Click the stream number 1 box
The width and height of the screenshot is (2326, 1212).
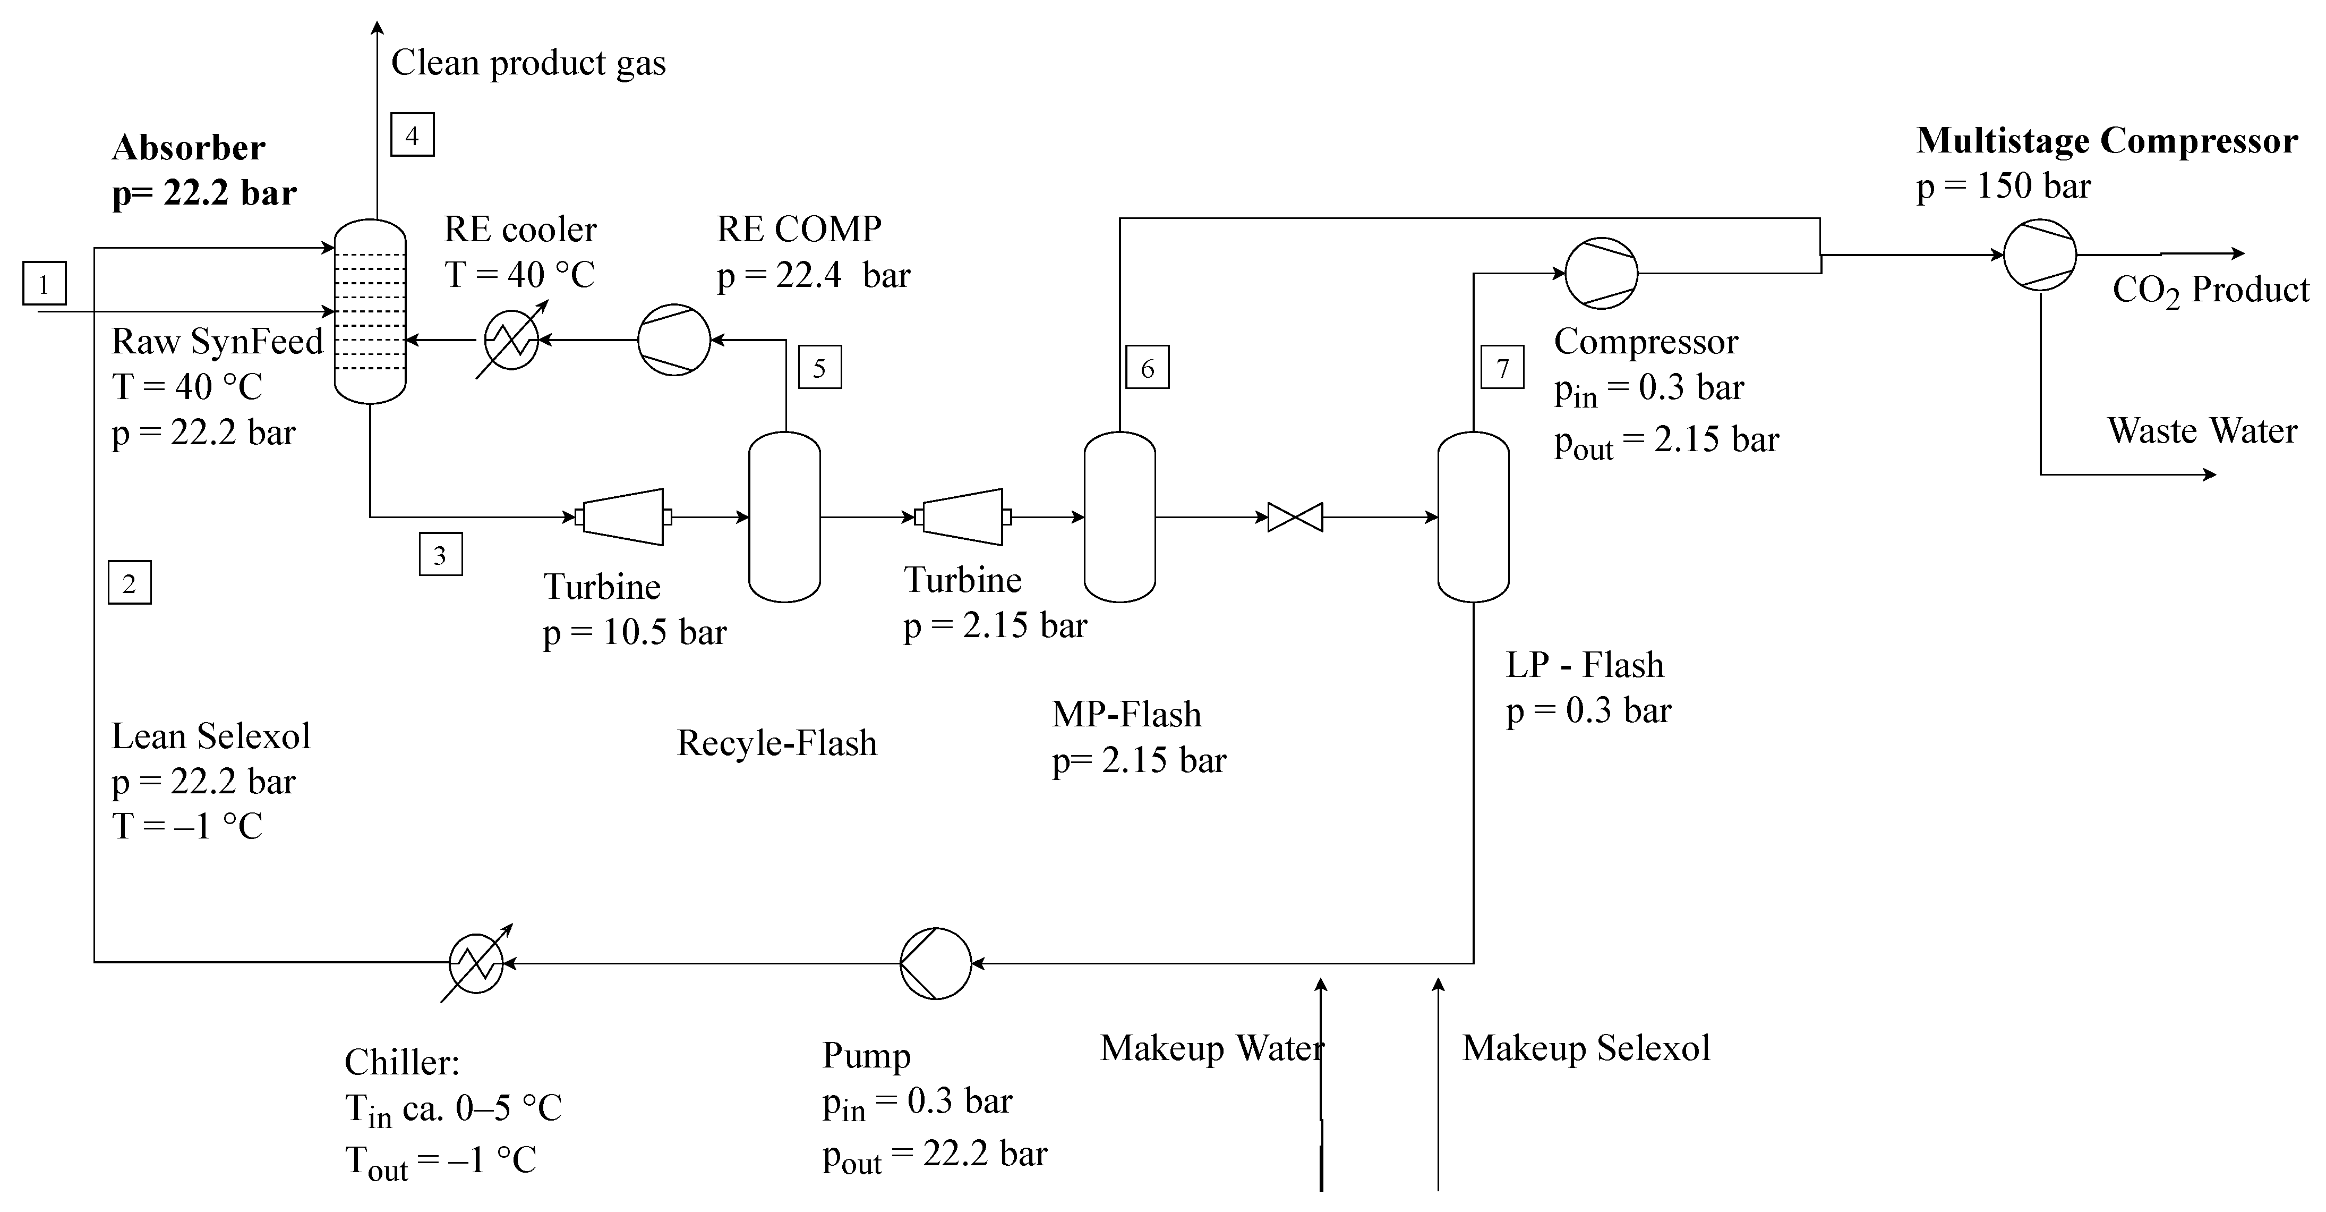[x=44, y=284]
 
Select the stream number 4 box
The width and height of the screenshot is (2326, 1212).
[x=412, y=135]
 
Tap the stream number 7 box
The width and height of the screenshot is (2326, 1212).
[x=1502, y=368]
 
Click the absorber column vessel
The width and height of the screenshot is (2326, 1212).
[x=370, y=311]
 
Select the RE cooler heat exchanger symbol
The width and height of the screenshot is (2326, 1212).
[x=511, y=341]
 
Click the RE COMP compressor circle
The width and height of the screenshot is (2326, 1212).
[x=673, y=341]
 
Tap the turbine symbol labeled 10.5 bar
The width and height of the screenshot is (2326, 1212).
[x=623, y=518]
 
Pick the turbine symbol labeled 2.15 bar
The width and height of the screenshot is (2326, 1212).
[x=963, y=518]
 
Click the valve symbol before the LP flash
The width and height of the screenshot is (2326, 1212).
[x=1295, y=518]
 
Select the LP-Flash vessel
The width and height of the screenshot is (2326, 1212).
[x=1473, y=516]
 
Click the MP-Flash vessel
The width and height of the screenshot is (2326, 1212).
[x=1119, y=516]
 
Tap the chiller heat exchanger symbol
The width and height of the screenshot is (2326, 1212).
[x=476, y=963]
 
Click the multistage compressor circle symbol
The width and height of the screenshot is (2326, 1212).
[x=2040, y=255]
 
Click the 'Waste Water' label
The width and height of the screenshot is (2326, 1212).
[x=2201, y=431]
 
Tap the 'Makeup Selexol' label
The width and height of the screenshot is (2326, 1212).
[x=1586, y=1048]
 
